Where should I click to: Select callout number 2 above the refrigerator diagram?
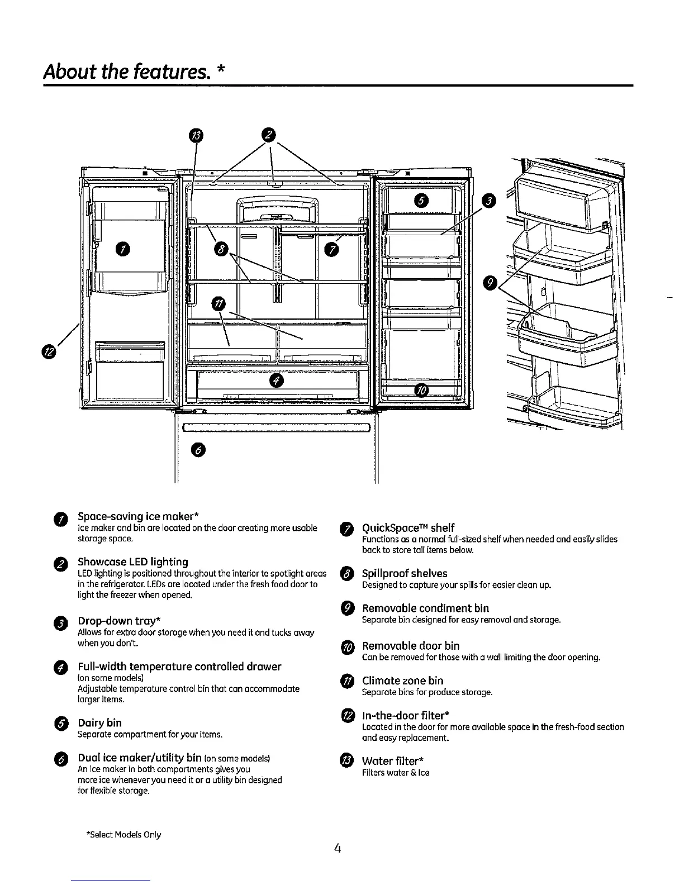click(x=269, y=135)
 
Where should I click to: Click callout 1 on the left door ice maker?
click(x=121, y=249)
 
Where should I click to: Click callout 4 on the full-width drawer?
click(x=277, y=381)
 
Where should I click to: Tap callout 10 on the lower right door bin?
click(x=422, y=390)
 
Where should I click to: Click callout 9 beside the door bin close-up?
click(x=490, y=283)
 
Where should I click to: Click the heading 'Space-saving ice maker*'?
click(x=139, y=515)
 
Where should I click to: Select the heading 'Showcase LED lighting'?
click(x=133, y=562)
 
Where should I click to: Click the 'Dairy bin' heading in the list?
click(x=99, y=722)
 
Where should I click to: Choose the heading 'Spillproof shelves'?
click(x=405, y=573)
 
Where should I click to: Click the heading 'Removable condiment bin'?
click(x=425, y=608)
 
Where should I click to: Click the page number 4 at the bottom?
click(x=337, y=848)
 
